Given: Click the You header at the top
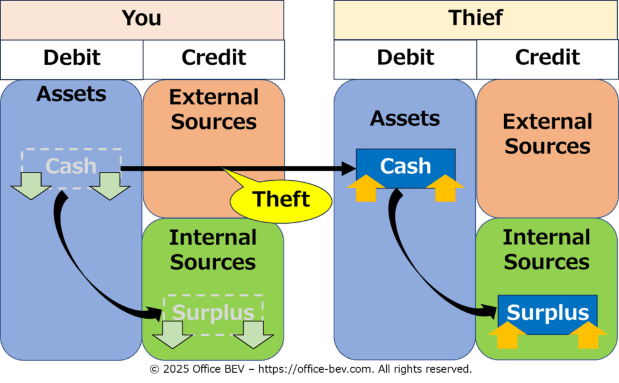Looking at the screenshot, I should coord(141,19).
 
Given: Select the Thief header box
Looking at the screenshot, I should coord(475,19).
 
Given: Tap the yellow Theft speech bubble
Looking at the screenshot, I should coord(280,198).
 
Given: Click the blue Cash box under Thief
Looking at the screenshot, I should coord(405,165).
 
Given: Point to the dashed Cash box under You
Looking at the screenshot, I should coord(71,165).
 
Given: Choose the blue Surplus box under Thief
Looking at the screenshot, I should coord(547,312).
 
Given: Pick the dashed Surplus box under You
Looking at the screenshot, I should coord(213,312).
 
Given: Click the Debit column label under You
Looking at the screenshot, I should coord(71,58).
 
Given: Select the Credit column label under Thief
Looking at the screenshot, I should coord(547,58).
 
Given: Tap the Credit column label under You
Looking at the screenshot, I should coord(213,58).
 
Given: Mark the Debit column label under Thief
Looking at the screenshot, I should coord(405,58).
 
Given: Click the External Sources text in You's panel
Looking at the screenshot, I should coord(213,110).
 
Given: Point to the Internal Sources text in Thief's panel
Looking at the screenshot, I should coord(546,249).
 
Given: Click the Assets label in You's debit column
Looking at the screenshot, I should coord(71,94).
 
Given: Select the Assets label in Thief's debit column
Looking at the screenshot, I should coord(405,118).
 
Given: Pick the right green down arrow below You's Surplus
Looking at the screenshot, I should coord(253,335).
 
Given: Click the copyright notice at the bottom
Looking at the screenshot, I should coord(310,368).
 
